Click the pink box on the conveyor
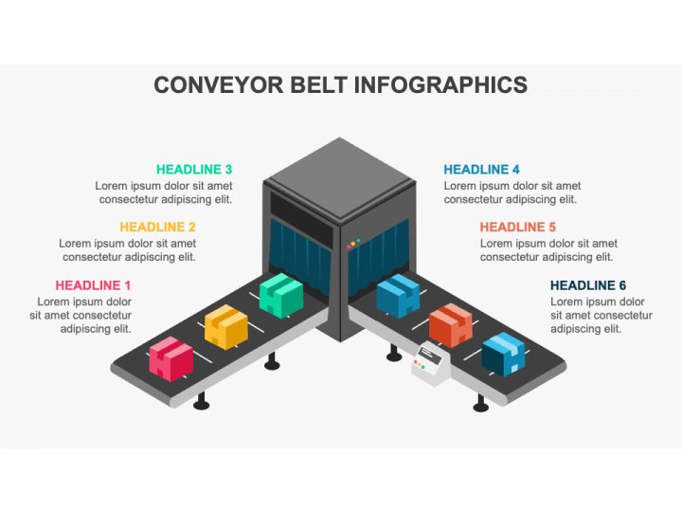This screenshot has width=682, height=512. [170, 358]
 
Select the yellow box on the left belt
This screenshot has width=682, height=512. [226, 327]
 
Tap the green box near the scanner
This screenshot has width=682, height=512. [281, 296]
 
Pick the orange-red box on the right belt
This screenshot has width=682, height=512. [451, 325]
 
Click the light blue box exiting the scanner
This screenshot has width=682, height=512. [398, 296]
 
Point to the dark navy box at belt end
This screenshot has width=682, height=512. [503, 355]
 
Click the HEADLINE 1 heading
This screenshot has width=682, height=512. [93, 285]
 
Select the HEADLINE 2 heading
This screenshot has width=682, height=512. [157, 227]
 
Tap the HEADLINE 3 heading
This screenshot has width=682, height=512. [194, 169]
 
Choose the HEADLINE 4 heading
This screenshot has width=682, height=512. [481, 169]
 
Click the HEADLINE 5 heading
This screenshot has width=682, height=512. [518, 227]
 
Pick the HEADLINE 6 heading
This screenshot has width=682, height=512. [588, 285]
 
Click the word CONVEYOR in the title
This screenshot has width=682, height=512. [219, 85]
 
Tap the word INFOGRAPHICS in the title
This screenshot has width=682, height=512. [440, 85]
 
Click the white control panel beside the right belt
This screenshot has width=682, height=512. [431, 364]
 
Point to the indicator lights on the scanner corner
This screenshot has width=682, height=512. [353, 244]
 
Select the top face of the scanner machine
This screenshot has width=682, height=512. [340, 178]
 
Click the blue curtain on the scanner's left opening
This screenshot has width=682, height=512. [300, 257]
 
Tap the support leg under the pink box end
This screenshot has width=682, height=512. [201, 401]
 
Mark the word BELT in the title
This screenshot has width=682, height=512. [319, 85]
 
